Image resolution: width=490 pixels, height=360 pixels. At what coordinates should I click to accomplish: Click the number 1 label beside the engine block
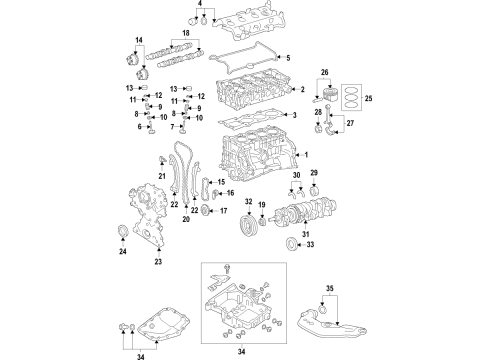coord(308,155)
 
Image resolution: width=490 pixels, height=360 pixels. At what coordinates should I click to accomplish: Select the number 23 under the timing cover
coord(157,262)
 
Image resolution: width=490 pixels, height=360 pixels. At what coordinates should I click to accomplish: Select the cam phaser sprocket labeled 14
coord(132,57)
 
